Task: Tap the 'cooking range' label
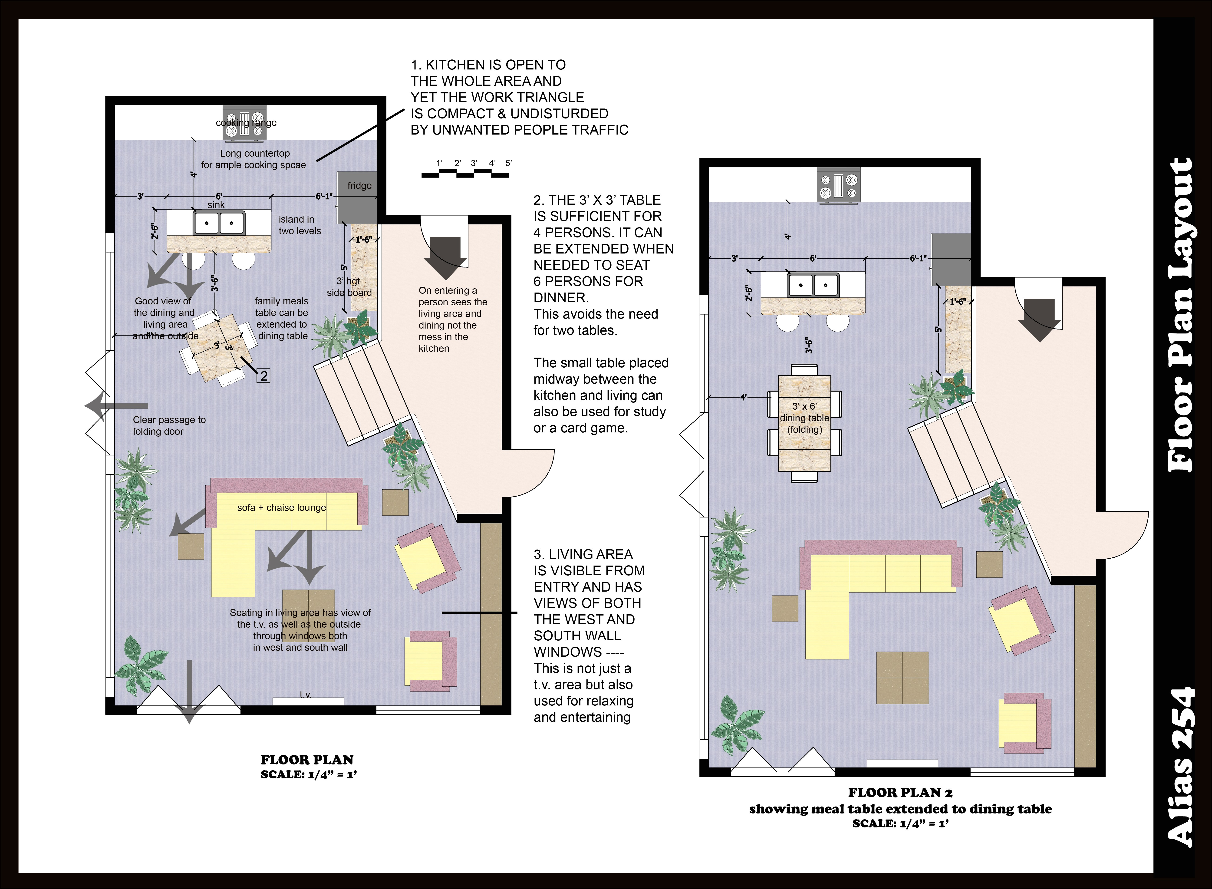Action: [x=247, y=123]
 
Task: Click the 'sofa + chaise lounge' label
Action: [x=281, y=507]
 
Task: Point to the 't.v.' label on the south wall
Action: [x=306, y=694]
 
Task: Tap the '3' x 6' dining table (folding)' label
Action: [x=805, y=418]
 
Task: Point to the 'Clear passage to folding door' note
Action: [x=169, y=426]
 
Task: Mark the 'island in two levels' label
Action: [x=300, y=225]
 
